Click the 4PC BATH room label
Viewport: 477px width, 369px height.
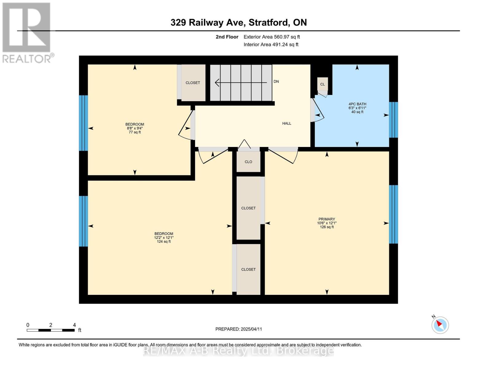pyautogui.click(x=357, y=104)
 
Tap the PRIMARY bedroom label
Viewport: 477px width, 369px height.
pyautogui.click(x=326, y=219)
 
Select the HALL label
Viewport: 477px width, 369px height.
pyautogui.click(x=287, y=123)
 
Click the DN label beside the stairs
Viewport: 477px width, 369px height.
pyautogui.click(x=276, y=81)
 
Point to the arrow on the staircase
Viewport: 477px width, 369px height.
pyautogui.click(x=241, y=83)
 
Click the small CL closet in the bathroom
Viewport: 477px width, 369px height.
pyautogui.click(x=323, y=84)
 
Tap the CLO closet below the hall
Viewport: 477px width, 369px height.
pyautogui.click(x=248, y=162)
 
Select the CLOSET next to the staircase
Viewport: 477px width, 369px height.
pyautogui.click(x=193, y=83)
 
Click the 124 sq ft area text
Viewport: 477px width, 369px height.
pyautogui.click(x=164, y=241)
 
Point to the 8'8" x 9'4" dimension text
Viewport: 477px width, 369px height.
pyautogui.click(x=135, y=128)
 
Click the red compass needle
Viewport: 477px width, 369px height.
pyautogui.click(x=439, y=323)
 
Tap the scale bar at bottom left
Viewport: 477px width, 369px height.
pyautogui.click(x=51, y=330)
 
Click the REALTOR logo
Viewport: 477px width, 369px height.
pyautogui.click(x=27, y=33)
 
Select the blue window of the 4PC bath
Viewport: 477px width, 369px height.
pyautogui.click(x=393, y=120)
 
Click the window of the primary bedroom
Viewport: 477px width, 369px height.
pyautogui.click(x=393, y=214)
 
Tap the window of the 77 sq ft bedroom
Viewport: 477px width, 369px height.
pyautogui.click(x=84, y=123)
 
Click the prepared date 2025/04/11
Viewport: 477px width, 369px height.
pyautogui.click(x=251, y=329)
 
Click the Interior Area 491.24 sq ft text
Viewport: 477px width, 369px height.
pyautogui.click(x=271, y=44)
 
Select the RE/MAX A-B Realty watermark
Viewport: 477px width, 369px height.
pyautogui.click(x=238, y=351)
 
